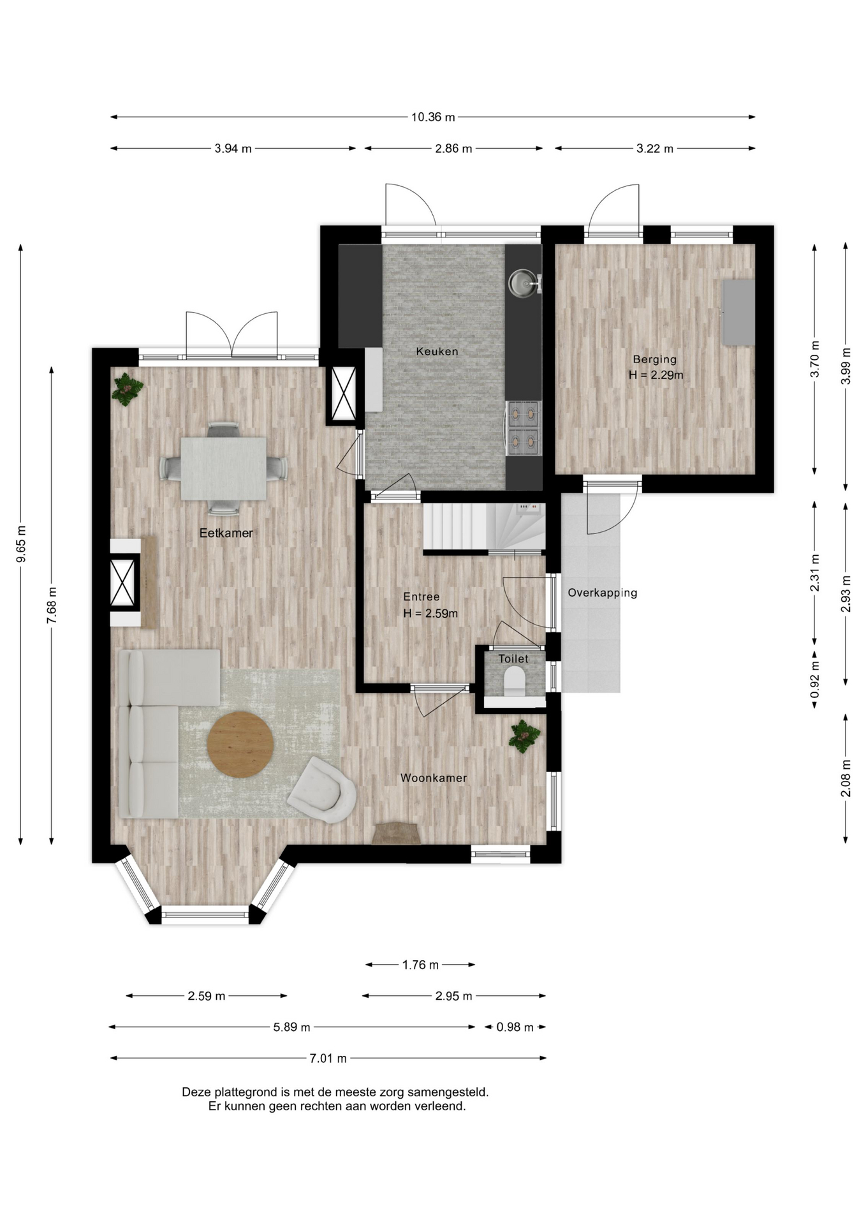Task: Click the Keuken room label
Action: (437, 351)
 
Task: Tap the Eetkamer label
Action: (226, 533)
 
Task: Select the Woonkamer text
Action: (434, 778)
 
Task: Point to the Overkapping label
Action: (603, 593)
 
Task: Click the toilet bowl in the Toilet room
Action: (514, 681)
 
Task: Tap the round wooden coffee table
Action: (240, 744)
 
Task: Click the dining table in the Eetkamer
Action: (223, 468)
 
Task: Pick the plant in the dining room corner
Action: (128, 389)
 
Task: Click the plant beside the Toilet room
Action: (524, 736)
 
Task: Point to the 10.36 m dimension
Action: (433, 117)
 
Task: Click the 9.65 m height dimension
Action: (21, 544)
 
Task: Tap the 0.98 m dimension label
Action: (515, 1027)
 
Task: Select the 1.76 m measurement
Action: (420, 965)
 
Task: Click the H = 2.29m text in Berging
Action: (656, 375)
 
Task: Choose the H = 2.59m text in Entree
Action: (430, 614)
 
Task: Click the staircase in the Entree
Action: (485, 527)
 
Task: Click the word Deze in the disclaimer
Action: (196, 1092)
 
